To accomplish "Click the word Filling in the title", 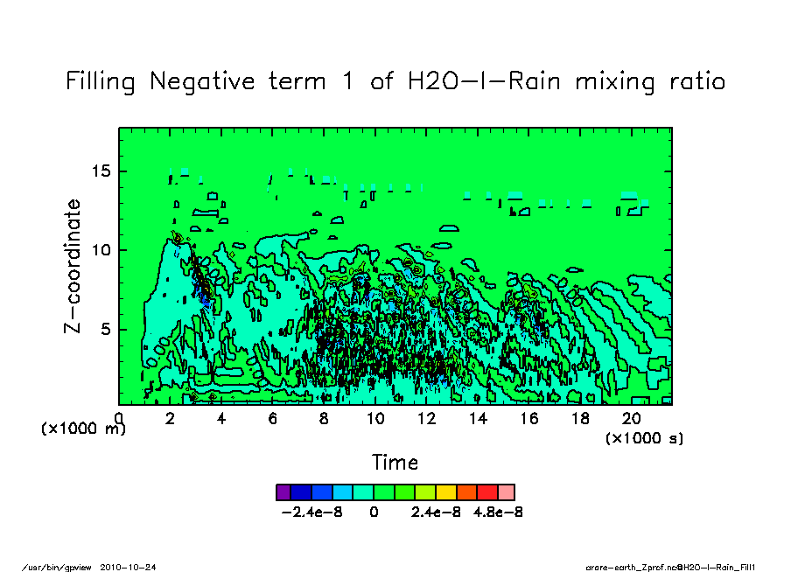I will pos(101,82).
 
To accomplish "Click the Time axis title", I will pos(395,462).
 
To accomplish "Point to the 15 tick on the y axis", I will pos(101,171).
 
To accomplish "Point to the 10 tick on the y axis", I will pos(101,250).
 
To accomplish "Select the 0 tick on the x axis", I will pos(119,418).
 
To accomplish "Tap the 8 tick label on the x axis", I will pos(324,418).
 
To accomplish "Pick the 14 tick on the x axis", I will pos(478,418).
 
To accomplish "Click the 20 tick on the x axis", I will pos(632,418).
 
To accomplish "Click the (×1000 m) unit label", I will pos(84,429).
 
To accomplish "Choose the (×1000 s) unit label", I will pos(645,437).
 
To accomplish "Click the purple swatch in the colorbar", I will pos(283,492).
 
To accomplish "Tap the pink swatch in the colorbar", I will pos(507,492).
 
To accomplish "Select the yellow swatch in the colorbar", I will pos(446,492).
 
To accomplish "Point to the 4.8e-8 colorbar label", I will pos(497,513).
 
